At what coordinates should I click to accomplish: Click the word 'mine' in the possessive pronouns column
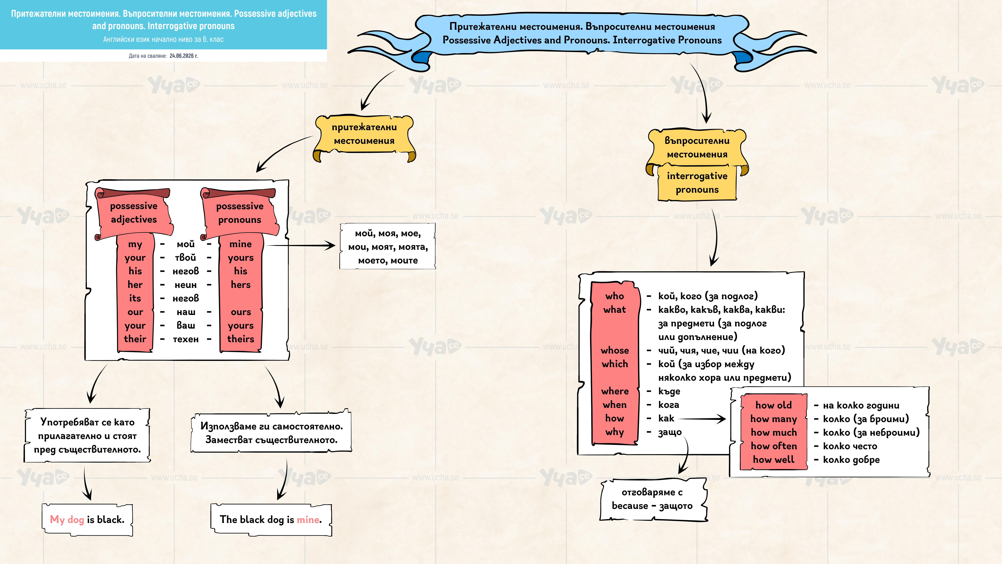tap(240, 244)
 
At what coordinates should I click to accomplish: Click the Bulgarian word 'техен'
tap(186, 339)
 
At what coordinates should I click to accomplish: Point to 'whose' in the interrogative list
tap(615, 350)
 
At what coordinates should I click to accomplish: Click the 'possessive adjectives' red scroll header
tap(134, 212)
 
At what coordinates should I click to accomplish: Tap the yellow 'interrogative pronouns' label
tap(697, 183)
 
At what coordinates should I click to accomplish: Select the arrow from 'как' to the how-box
tap(702, 419)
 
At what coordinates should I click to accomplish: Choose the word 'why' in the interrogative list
tap(615, 432)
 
